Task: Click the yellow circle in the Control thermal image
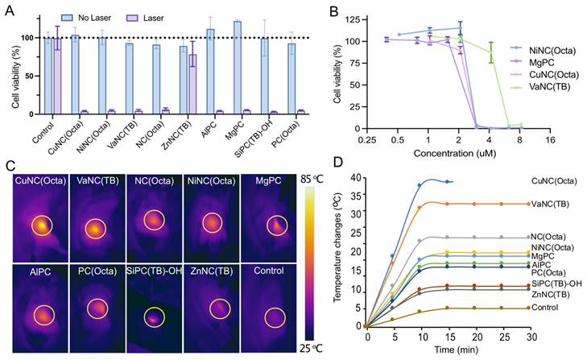coord(274,318)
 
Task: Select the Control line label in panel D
coord(544,308)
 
